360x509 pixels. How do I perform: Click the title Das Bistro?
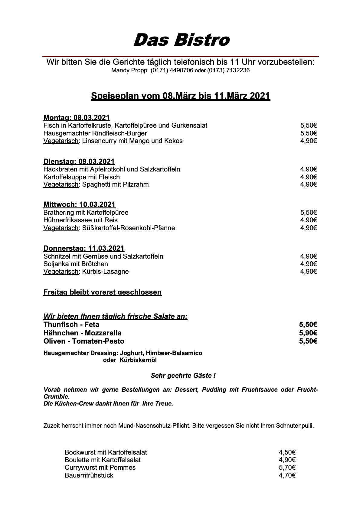click(182, 40)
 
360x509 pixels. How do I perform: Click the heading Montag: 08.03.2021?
click(77, 118)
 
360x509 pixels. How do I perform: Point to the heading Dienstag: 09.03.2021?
click(79, 161)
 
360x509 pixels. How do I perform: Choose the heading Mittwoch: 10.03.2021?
click(79, 204)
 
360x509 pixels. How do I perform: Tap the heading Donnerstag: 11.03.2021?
click(84, 248)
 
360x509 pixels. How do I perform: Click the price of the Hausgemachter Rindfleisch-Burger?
click(308, 133)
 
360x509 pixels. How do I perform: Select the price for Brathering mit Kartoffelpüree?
click(308, 213)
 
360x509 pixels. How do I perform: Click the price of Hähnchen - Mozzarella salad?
click(308, 333)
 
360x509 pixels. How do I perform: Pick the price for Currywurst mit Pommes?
click(287, 468)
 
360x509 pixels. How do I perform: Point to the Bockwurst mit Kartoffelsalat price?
click(287, 452)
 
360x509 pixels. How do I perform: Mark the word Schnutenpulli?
click(295, 426)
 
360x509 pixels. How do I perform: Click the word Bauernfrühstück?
click(89, 475)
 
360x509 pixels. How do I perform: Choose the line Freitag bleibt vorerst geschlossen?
click(103, 292)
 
